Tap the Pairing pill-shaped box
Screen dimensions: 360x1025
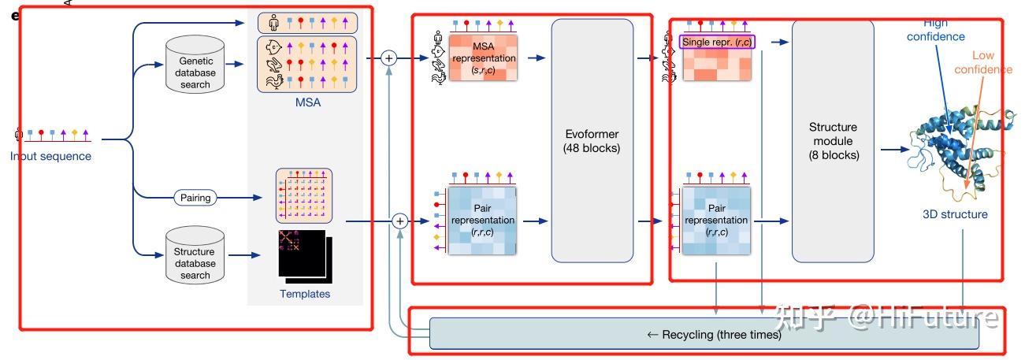point(195,198)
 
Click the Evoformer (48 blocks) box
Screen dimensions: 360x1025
point(592,140)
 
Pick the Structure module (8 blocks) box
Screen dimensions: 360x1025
point(833,140)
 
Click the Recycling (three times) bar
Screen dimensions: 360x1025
point(704,335)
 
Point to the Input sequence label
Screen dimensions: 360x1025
point(50,156)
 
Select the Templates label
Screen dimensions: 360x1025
point(305,294)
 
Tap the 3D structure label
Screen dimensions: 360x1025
point(955,213)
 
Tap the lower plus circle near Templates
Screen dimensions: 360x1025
point(399,222)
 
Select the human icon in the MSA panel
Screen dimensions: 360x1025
point(273,23)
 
